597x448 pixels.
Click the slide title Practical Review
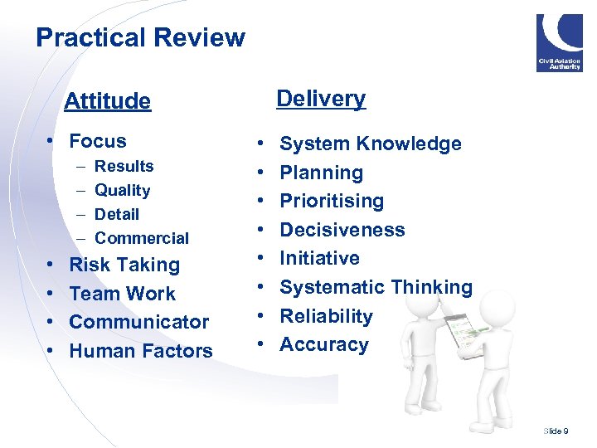click(140, 37)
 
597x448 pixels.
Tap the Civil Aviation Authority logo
click(559, 43)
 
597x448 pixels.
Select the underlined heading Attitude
click(108, 101)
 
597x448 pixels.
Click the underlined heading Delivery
click(321, 98)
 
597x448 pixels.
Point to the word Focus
click(98, 141)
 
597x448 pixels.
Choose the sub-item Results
click(124, 166)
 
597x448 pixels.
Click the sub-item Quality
click(123, 190)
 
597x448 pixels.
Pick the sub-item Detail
click(117, 214)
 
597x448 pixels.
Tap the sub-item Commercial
click(142, 238)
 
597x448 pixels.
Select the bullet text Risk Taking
click(124, 265)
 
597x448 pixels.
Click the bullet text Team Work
click(123, 294)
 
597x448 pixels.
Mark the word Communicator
click(139, 322)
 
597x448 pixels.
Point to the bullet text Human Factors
click(141, 351)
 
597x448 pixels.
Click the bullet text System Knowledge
click(371, 144)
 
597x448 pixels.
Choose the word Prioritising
click(332, 201)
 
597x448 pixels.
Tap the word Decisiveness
click(342, 230)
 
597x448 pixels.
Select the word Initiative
click(320, 258)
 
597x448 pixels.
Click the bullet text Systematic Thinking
click(376, 287)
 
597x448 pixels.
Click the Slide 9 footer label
click(556, 431)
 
